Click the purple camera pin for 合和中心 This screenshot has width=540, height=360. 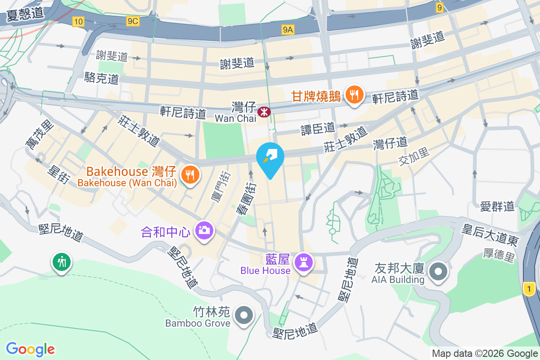pos(204,230)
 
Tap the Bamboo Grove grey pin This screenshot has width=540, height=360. pos(244,315)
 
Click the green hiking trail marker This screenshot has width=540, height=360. pos(61,261)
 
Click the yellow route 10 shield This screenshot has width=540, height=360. pos(78,21)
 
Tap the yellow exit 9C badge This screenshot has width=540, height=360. pos(133,21)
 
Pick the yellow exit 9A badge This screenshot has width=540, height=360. pos(288,30)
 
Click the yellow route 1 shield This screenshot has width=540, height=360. pos(530,288)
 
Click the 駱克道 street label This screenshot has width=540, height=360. pos(102,79)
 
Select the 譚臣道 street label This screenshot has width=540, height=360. pos(318,129)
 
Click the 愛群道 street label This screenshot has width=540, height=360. pos(497,207)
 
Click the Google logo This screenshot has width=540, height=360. pos(30,349)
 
